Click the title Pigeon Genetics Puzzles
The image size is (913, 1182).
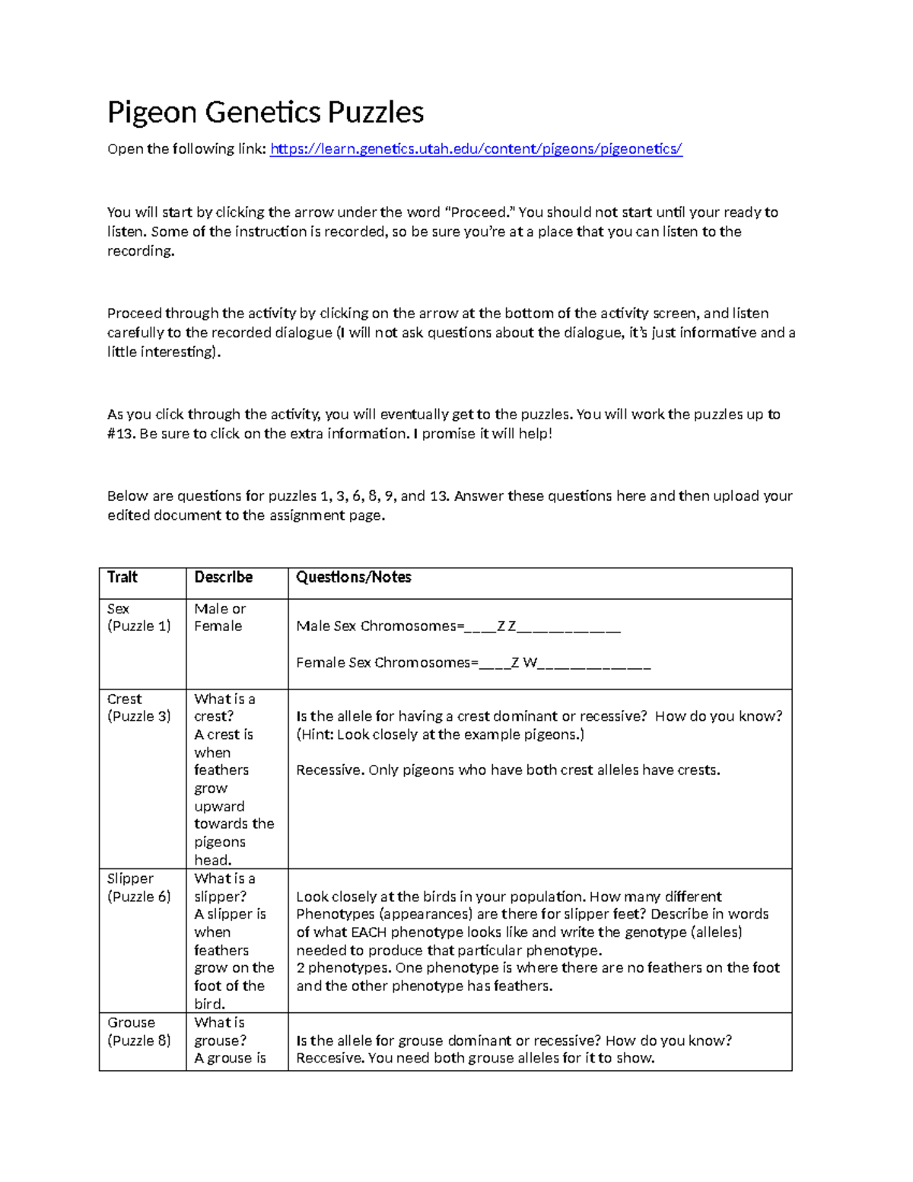pyautogui.click(x=265, y=113)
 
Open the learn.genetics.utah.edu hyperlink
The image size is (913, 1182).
pyautogui.click(x=476, y=149)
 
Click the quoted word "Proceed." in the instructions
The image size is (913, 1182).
pyautogui.click(x=479, y=212)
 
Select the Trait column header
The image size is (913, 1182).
pyautogui.click(x=122, y=578)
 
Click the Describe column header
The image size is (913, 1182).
pyautogui.click(x=223, y=578)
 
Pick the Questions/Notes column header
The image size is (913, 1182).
pyautogui.click(x=353, y=578)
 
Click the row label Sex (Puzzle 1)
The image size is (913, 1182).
pyautogui.click(x=138, y=617)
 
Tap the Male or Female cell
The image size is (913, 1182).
pyautogui.click(x=220, y=617)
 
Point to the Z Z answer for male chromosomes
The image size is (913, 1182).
pyautogui.click(x=506, y=626)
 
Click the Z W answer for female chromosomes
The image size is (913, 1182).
pyautogui.click(x=524, y=663)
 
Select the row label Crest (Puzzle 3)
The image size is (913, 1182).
pyautogui.click(x=138, y=708)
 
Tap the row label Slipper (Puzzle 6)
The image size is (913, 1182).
pyautogui.click(x=138, y=887)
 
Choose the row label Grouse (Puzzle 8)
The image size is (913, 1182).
pyautogui.click(x=138, y=1031)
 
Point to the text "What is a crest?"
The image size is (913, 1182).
pyautogui.click(x=224, y=708)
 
